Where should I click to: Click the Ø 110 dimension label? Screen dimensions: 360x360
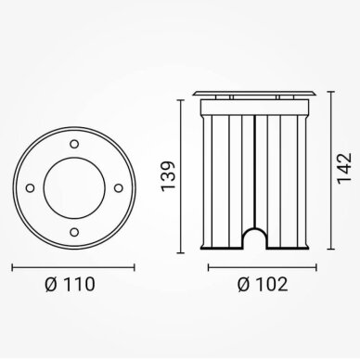(70, 285)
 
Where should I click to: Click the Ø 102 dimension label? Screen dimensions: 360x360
(263, 285)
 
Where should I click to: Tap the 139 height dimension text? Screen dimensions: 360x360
(169, 176)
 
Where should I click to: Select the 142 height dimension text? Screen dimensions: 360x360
(344, 169)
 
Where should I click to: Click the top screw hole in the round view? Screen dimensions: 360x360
(74, 144)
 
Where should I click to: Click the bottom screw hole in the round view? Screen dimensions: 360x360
(74, 232)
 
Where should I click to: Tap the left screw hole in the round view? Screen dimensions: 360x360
(30, 188)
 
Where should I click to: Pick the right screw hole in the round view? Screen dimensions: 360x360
(119, 188)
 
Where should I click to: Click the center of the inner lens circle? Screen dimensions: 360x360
(74, 188)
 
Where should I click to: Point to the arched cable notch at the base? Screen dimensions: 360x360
(254, 229)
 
